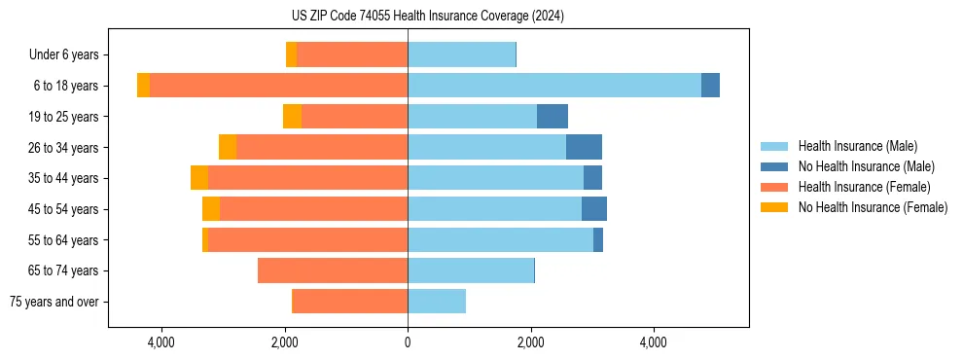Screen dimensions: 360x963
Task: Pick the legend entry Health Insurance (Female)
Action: tap(864, 187)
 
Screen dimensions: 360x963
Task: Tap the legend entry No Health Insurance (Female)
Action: tap(873, 207)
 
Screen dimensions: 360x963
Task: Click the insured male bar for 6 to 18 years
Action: tap(554, 86)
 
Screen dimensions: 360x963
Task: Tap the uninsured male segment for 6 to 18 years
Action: tap(710, 86)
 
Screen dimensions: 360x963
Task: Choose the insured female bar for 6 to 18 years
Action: tap(278, 86)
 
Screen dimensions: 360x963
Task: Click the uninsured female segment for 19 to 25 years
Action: tap(292, 117)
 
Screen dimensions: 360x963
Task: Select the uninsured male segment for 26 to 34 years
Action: tap(584, 147)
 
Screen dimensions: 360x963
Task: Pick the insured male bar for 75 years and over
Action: tap(437, 302)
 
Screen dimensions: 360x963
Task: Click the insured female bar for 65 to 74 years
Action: tap(333, 270)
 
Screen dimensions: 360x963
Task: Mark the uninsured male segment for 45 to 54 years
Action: tap(594, 209)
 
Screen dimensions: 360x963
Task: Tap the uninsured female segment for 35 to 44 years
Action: tap(199, 178)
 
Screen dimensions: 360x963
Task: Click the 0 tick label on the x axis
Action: tap(408, 342)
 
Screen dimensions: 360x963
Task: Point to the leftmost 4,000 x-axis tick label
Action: tap(161, 342)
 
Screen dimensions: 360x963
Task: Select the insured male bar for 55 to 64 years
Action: tap(500, 239)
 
